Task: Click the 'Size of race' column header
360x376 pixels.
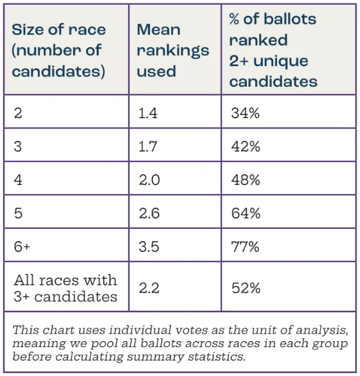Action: click(59, 50)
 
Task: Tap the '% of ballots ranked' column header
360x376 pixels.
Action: click(273, 50)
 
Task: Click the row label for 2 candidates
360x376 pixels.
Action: click(17, 113)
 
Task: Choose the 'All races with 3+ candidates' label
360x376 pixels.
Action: click(66, 288)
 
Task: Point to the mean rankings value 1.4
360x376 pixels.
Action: click(148, 113)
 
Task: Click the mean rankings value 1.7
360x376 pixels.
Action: click(148, 147)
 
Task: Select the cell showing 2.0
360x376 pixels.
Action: click(150, 180)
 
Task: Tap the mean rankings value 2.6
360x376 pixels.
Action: click(150, 213)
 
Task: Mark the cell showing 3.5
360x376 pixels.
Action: click(150, 247)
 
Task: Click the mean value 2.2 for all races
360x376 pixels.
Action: click(149, 288)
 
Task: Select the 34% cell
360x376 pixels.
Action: click(245, 113)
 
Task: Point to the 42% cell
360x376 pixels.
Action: click(246, 147)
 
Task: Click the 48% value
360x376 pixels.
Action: click(246, 180)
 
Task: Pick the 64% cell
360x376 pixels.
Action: click(246, 213)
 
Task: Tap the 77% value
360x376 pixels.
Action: click(245, 247)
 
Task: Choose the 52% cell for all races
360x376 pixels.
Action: click(246, 288)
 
